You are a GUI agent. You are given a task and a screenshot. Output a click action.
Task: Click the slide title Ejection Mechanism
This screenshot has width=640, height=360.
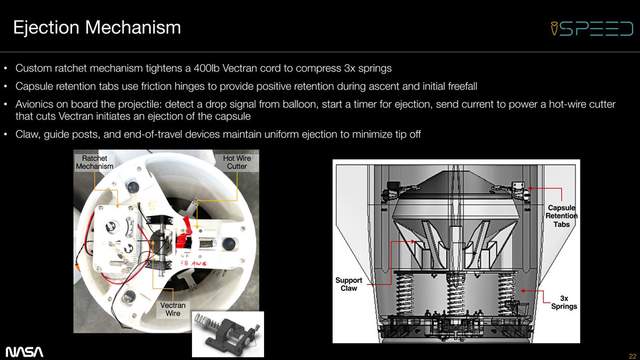click(x=97, y=28)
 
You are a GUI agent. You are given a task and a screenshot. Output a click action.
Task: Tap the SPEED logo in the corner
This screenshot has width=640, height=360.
click(x=591, y=29)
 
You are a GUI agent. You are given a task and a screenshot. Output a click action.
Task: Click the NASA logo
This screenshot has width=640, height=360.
click(x=24, y=352)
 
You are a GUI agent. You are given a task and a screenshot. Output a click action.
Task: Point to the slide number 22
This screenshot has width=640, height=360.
click(x=632, y=356)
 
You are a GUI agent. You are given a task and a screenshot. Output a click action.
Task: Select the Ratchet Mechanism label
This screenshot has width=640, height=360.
click(x=95, y=162)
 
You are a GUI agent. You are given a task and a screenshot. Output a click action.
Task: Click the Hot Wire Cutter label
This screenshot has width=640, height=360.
click(x=237, y=162)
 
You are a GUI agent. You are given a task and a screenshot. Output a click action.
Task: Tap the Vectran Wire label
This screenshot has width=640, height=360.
click(x=173, y=309)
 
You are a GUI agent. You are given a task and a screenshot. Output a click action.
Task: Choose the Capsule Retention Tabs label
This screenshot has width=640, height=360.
click(x=561, y=216)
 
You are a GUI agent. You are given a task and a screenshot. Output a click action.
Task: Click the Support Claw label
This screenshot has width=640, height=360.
click(x=349, y=284)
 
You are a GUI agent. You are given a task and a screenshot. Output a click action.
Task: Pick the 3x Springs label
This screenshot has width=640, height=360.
click(x=564, y=302)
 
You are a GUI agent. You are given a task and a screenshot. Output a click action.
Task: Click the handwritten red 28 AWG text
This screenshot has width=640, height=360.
click(x=193, y=264)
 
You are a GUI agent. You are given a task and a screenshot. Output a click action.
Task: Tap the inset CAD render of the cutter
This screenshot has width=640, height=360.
click(x=228, y=334)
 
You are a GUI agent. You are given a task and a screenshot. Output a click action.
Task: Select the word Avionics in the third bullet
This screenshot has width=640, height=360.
click(x=35, y=104)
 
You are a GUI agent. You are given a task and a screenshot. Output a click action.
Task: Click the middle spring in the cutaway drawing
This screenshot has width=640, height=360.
click(x=455, y=294)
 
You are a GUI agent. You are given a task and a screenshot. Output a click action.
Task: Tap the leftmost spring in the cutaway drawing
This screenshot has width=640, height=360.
click(x=404, y=294)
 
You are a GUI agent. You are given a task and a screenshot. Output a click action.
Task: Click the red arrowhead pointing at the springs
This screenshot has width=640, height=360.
click(x=523, y=291)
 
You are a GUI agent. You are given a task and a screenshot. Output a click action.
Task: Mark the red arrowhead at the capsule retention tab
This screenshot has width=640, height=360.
click(x=529, y=189)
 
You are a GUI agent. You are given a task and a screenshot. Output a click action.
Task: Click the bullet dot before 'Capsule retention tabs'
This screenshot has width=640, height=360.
click(x=6, y=87)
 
